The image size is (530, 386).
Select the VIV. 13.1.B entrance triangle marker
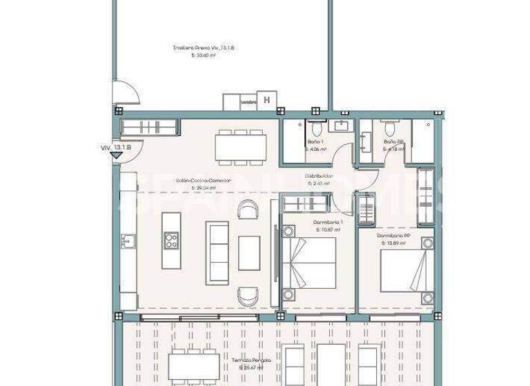click(x=116, y=155)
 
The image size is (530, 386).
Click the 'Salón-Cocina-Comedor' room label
click(x=203, y=181)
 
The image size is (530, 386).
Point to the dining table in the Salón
click(x=240, y=147)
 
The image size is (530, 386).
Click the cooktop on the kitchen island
click(x=170, y=241)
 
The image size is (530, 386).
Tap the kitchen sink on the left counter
click(x=128, y=241)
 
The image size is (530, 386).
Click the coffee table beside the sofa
click(x=249, y=253)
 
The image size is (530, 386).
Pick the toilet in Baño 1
click(x=315, y=128)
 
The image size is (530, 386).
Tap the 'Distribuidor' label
click(x=318, y=176)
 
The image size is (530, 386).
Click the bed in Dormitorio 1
click(x=309, y=263)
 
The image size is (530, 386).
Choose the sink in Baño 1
click(x=341, y=125)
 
